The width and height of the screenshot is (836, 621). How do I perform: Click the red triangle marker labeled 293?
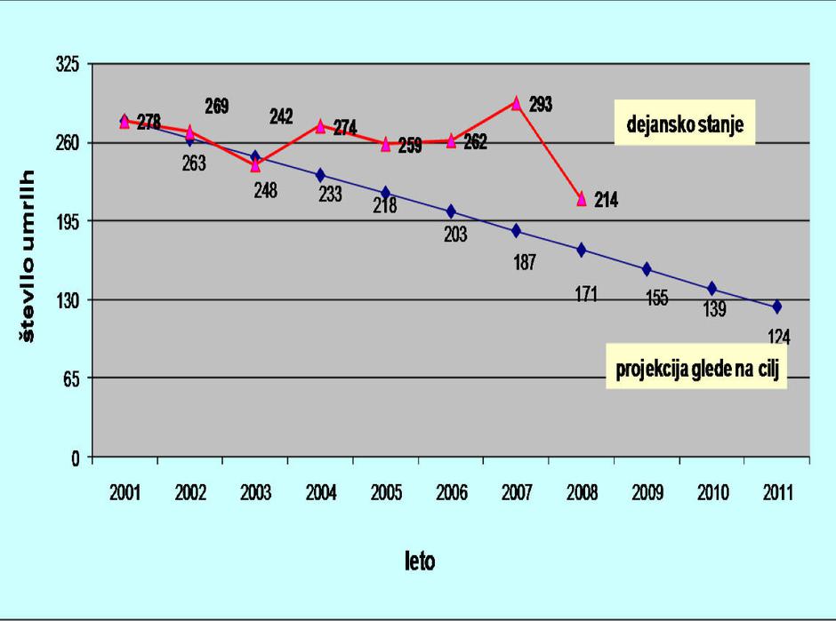point(516,103)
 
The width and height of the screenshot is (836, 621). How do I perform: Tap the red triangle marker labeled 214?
point(582,199)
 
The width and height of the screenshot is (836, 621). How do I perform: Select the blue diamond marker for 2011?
point(776,307)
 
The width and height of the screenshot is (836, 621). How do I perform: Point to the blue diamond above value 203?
point(451,211)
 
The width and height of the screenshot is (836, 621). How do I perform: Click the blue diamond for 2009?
point(647,269)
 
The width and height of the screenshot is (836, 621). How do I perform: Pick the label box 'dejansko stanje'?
point(684,123)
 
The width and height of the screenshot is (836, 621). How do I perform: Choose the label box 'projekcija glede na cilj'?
point(697,370)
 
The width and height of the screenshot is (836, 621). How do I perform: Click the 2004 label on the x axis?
point(320,494)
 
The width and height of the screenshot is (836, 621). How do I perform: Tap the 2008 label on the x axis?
point(581,494)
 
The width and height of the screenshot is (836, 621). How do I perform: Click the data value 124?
point(778,337)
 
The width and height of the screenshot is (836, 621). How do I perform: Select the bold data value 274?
point(345,129)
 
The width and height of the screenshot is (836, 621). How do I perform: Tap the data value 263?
point(193,163)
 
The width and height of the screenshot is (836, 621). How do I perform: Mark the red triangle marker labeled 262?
point(451,140)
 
